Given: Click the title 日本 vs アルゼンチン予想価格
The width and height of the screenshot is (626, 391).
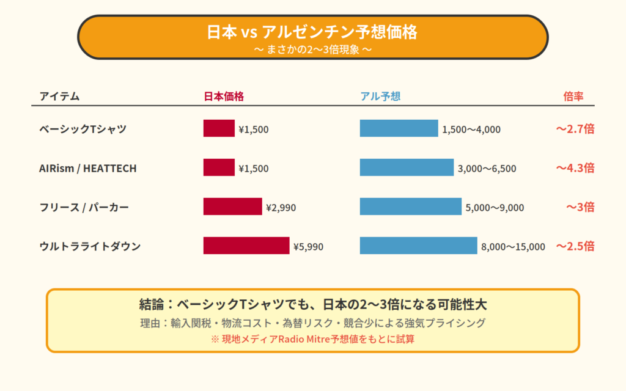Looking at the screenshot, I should coord(312,32).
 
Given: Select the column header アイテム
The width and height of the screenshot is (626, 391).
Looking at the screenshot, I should coord(59,97).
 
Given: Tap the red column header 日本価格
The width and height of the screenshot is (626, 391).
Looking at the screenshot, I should coord(224,97).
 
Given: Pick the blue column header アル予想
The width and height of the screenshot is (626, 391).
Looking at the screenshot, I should coord(380,97).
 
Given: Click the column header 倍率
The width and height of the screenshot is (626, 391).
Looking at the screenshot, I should coord(573,97).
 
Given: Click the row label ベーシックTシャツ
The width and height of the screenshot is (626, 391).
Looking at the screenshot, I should coord(83,129).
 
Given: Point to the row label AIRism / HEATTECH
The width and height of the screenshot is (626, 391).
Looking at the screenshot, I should coord(87,168).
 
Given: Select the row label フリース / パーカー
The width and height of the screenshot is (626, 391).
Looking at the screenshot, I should coord(84,207).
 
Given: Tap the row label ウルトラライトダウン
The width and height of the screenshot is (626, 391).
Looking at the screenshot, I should coord(90,246).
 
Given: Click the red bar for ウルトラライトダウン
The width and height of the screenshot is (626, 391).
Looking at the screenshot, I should coord(246,246).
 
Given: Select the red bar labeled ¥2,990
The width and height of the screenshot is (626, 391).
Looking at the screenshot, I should coord(232,206).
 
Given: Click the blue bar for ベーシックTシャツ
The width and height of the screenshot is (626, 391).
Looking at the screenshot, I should coord(399,128).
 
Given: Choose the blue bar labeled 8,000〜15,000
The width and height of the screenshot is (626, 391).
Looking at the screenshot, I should coord(418,246).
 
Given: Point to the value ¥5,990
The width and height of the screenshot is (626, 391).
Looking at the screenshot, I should coord(308,247).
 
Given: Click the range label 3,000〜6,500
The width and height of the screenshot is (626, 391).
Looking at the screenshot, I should coord(487,169).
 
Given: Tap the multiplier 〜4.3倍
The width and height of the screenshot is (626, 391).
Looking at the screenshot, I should coord(575,168).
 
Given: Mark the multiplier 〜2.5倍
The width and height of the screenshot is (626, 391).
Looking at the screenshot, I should coord(575,246).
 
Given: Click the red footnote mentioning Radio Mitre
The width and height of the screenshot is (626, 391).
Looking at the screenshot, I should coord(312,339).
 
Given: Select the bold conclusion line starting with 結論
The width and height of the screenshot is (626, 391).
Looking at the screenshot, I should coord(312,304).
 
